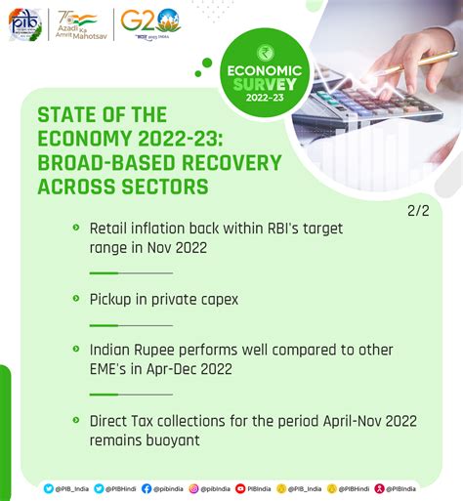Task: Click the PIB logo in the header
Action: pyautogui.click(x=25, y=23)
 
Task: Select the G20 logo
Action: pyautogui.click(x=148, y=21)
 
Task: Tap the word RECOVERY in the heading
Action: pyautogui.click(x=227, y=162)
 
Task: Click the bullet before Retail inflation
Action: pyautogui.click(x=75, y=227)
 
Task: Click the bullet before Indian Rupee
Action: pyautogui.click(x=75, y=348)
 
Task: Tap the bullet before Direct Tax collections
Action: pyautogui.click(x=75, y=419)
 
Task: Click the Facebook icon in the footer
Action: pyautogui.click(x=147, y=487)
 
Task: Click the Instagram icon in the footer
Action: pyautogui.click(x=193, y=487)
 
